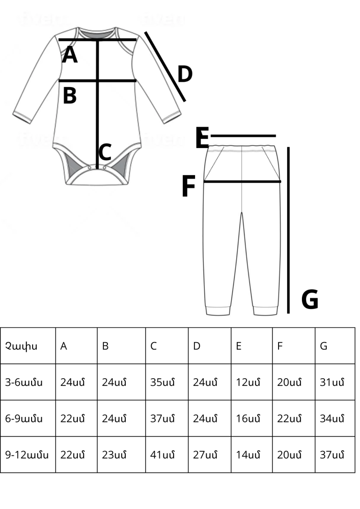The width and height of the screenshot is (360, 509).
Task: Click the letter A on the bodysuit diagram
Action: coord(69,54)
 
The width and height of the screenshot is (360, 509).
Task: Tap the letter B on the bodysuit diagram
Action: coord(69,96)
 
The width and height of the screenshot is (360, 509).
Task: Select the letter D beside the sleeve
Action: coord(185,74)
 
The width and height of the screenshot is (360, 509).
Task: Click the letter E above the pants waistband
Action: coord(202,138)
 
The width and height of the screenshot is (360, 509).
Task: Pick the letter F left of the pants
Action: coord(188,186)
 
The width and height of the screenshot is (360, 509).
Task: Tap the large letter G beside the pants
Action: coord(310,299)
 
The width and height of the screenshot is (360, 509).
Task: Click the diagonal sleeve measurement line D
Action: coord(165,67)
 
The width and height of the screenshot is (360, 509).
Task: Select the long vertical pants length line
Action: coord(288,230)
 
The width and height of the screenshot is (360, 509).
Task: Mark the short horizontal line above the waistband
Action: coord(243,136)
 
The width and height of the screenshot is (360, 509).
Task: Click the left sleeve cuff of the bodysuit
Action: coord(22,118)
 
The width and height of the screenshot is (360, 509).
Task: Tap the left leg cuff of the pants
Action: coord(218,310)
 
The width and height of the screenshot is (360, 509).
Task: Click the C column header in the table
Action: coord(153,346)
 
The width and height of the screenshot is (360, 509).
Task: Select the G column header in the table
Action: coord(323,346)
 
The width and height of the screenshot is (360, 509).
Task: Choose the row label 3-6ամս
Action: coord(24,382)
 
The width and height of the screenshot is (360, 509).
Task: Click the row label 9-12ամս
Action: coord(27,455)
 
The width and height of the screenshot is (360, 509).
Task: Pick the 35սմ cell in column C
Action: coord(162,382)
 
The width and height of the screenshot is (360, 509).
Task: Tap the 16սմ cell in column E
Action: coord(248,419)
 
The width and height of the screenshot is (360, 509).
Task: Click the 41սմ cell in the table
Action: coord(162,455)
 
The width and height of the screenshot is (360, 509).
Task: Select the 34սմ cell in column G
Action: coord(332,419)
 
